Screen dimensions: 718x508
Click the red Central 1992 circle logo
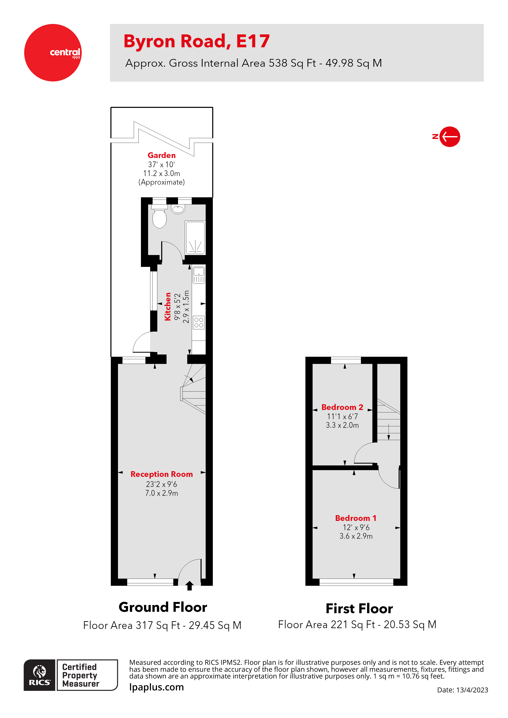pos(53,53)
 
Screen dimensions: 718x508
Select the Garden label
pos(161,155)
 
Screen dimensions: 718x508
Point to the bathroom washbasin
pos(178,209)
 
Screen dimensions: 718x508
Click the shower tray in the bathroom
pos(195,238)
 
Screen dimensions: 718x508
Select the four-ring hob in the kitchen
pos(199,322)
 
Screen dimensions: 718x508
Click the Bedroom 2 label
pos(342,407)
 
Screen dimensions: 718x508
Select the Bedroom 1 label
pos(356,518)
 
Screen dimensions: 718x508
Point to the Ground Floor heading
pos(163,607)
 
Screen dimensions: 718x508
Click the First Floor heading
pos(359,608)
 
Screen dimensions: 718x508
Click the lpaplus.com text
pos(156,687)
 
